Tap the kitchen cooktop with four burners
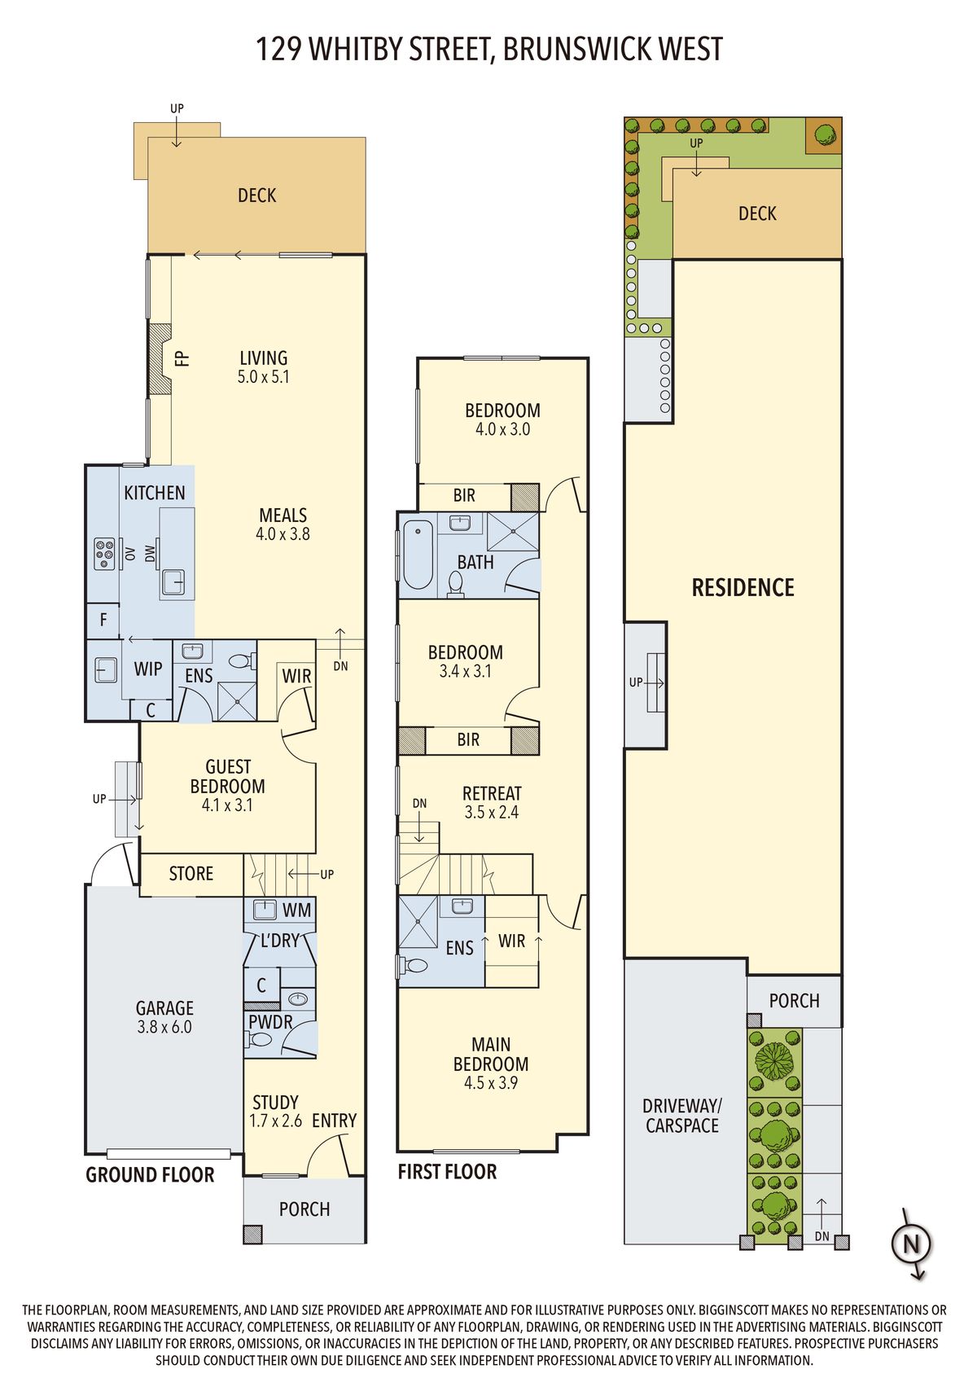(x=104, y=553)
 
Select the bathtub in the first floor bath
(x=418, y=555)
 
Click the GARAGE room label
(x=164, y=1008)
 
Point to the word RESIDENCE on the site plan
(x=743, y=587)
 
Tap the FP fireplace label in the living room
(x=182, y=358)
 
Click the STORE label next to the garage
(x=191, y=874)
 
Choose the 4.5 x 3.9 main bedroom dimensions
(x=491, y=1082)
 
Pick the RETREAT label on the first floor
(x=492, y=793)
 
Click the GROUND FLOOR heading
(x=150, y=1175)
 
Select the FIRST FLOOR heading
(x=447, y=1172)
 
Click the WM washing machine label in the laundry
(x=297, y=910)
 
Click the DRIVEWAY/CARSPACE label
(x=682, y=1116)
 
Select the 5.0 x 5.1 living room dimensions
(x=263, y=376)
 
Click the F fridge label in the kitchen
(x=103, y=619)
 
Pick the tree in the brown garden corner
(x=825, y=134)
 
